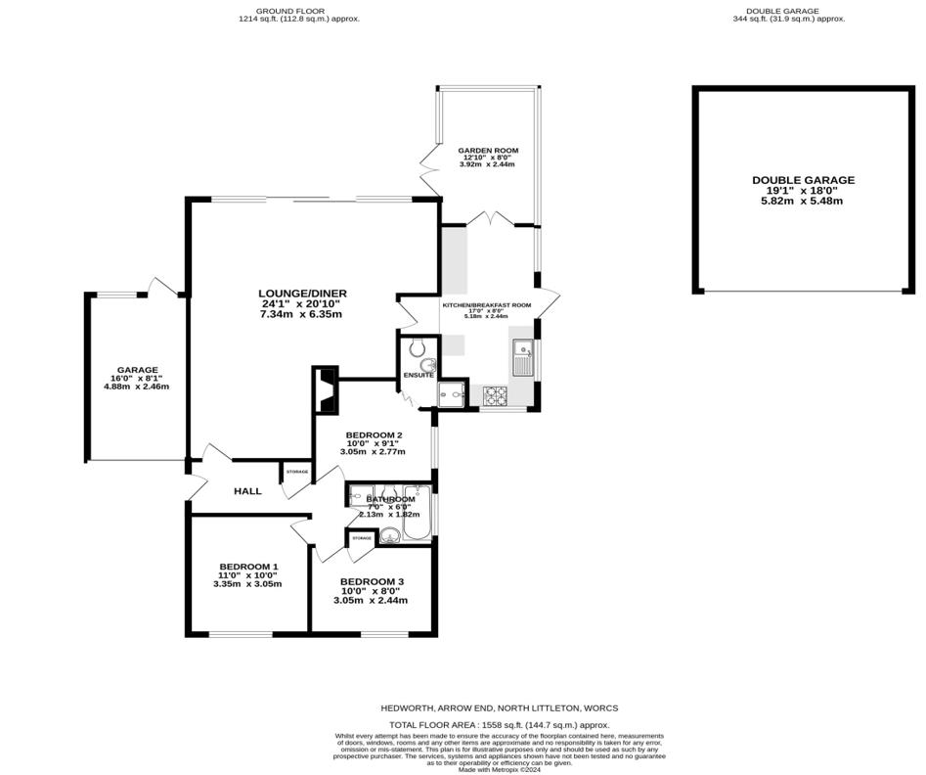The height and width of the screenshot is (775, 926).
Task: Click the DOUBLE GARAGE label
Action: point(803,180)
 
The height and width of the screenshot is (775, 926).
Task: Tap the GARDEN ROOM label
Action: point(488,151)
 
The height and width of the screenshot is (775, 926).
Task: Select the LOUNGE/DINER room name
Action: point(302,293)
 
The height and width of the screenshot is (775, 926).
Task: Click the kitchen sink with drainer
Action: point(522,358)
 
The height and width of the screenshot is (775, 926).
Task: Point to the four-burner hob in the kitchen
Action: point(495,396)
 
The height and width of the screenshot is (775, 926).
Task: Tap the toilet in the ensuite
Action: point(418,345)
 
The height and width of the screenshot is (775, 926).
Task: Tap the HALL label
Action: point(247,491)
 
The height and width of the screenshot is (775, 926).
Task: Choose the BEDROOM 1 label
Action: point(248,567)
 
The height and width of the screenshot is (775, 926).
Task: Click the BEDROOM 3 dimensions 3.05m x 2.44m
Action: point(372,600)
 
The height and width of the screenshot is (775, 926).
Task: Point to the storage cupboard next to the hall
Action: point(297,473)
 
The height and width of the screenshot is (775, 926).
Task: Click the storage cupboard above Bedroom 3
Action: point(362,539)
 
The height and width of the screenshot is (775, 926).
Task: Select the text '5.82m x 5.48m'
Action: point(803,201)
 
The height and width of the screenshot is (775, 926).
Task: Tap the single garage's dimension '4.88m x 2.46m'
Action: point(136,387)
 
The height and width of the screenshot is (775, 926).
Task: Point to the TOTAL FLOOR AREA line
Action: point(499,725)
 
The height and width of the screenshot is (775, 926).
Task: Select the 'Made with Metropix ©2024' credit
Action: point(499,769)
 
